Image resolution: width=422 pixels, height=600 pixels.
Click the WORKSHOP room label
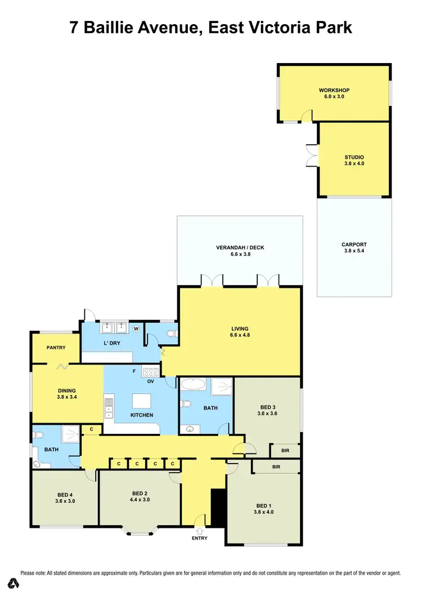(x=334, y=90)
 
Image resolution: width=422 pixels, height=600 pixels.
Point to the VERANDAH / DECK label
(x=240, y=247)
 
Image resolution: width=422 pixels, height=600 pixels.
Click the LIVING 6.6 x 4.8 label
(x=240, y=329)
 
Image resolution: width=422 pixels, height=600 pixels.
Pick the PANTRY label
(x=57, y=348)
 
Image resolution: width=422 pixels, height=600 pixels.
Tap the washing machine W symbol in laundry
(x=136, y=328)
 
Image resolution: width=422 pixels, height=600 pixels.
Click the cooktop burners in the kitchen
(x=151, y=371)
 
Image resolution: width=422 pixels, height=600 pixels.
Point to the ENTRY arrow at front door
(x=200, y=530)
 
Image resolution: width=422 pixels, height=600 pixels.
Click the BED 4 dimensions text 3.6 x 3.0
(x=65, y=501)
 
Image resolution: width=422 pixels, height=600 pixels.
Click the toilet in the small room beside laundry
(x=172, y=334)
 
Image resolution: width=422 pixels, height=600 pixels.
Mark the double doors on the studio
(x=312, y=156)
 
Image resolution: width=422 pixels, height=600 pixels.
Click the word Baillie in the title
(x=126, y=27)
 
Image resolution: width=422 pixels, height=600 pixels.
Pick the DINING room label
(x=66, y=390)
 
